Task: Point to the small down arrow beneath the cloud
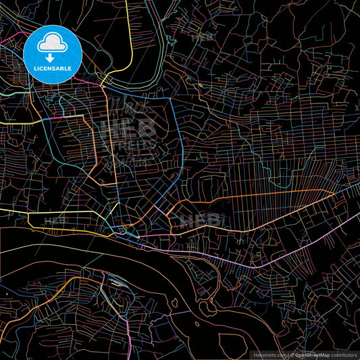50,57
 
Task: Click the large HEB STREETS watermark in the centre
128,132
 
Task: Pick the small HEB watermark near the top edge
201,38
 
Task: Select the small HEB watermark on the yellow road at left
54,220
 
